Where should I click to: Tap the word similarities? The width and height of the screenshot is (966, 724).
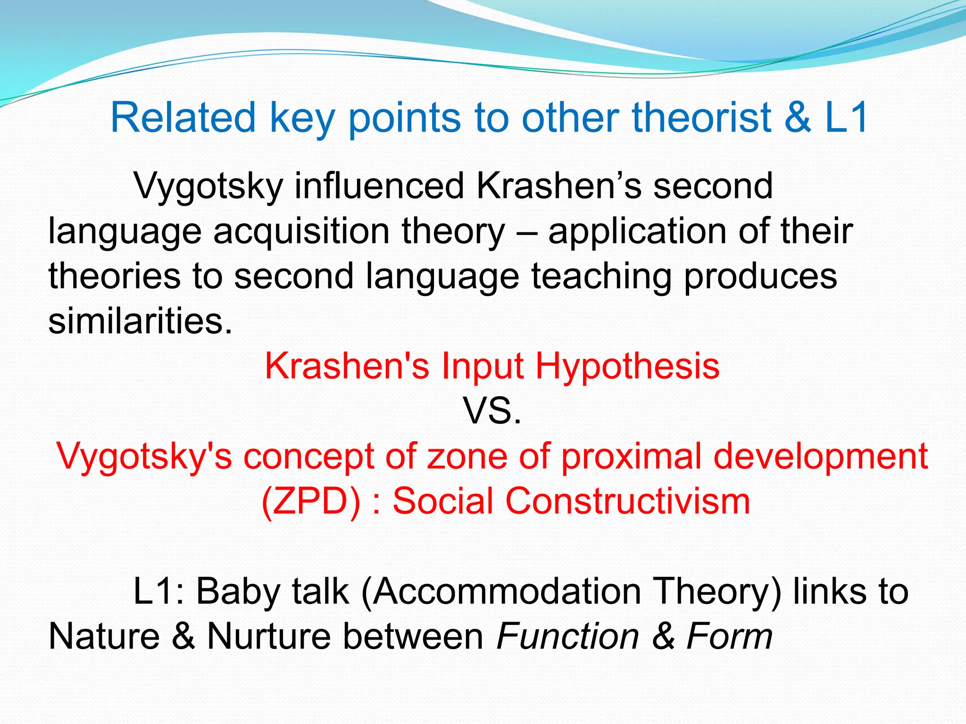[x=140, y=321]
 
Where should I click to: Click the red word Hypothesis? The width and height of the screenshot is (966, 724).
[x=627, y=366]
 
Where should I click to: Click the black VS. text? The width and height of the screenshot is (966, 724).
[x=492, y=411]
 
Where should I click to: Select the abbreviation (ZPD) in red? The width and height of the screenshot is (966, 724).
[x=311, y=501]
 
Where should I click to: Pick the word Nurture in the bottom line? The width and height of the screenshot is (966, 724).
[x=269, y=636]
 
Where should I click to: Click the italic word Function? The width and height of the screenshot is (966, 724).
[x=568, y=636]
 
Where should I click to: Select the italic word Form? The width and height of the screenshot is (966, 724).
[x=729, y=636]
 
